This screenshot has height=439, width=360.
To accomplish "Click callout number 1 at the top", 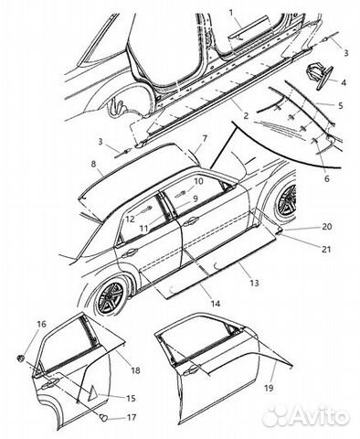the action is pyautogui.click(x=231, y=13).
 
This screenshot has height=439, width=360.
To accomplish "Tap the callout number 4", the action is pyautogui.click(x=344, y=82).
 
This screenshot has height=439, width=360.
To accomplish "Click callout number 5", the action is pyautogui.click(x=341, y=105).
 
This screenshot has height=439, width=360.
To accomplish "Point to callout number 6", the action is pyautogui.click(x=327, y=178).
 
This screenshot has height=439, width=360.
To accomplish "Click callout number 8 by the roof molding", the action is pyautogui.click(x=93, y=164).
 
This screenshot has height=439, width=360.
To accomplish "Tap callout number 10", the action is pyautogui.click(x=198, y=181).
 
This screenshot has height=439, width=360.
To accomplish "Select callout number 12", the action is pyautogui.click(x=130, y=219).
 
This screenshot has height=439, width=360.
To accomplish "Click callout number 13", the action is pyautogui.click(x=254, y=283).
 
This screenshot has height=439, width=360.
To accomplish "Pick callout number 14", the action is pyautogui.click(x=215, y=304).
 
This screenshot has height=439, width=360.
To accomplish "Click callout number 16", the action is pyautogui.click(x=42, y=324).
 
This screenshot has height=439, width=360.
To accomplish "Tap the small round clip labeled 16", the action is pyautogui.click(x=21, y=358).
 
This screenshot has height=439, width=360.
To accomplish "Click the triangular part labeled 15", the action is pyautogui.click(x=93, y=395).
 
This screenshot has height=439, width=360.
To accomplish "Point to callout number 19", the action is pyautogui.click(x=269, y=388).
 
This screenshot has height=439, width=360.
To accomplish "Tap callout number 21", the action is pyautogui.click(x=326, y=250).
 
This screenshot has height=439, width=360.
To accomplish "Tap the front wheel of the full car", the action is pyautogui.click(x=285, y=199).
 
